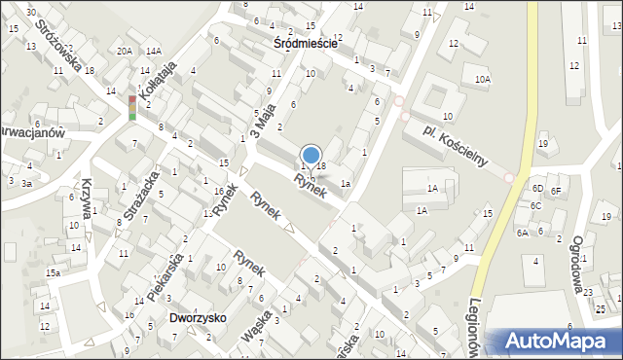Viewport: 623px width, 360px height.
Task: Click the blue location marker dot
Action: (x=311, y=154)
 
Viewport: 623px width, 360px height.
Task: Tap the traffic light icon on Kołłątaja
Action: (x=132, y=107)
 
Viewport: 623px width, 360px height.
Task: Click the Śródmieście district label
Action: (x=306, y=44)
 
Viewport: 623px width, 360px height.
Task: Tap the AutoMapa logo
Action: (x=559, y=342)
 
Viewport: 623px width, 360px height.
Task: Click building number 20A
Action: (x=124, y=51)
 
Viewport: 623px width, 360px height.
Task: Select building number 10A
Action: (x=483, y=79)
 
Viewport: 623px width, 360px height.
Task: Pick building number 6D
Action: (x=537, y=188)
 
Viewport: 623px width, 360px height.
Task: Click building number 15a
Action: (x=52, y=273)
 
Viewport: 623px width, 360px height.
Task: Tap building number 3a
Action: (x=27, y=182)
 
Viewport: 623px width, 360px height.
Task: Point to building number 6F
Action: (x=556, y=191)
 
